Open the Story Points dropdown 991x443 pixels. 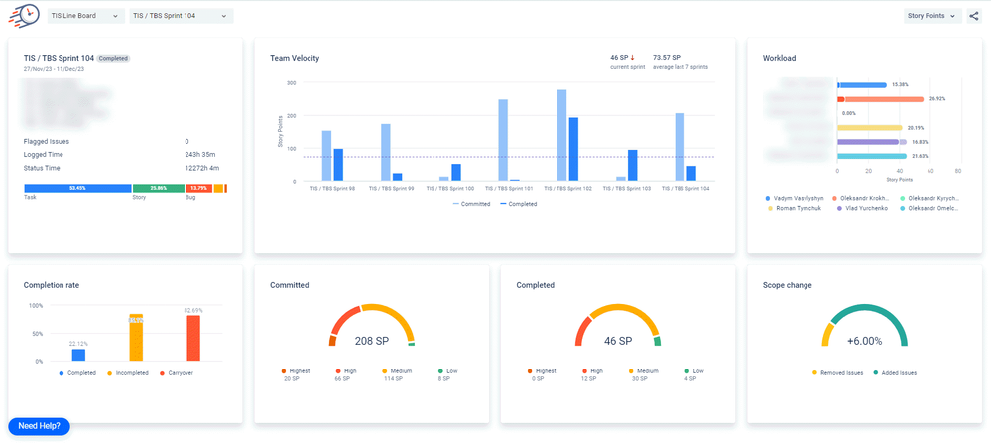933,16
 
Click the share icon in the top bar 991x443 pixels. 974,16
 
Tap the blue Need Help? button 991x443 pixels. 39,426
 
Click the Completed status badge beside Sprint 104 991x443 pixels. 113,59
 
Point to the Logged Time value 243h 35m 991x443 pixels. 199,154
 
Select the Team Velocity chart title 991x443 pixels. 295,59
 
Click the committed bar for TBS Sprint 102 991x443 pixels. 562,135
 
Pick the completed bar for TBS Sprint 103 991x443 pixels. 632,165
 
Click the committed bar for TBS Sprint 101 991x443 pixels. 503,140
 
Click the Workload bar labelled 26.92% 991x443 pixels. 880,99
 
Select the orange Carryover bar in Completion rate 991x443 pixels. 193,339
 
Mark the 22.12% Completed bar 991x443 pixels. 78,355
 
